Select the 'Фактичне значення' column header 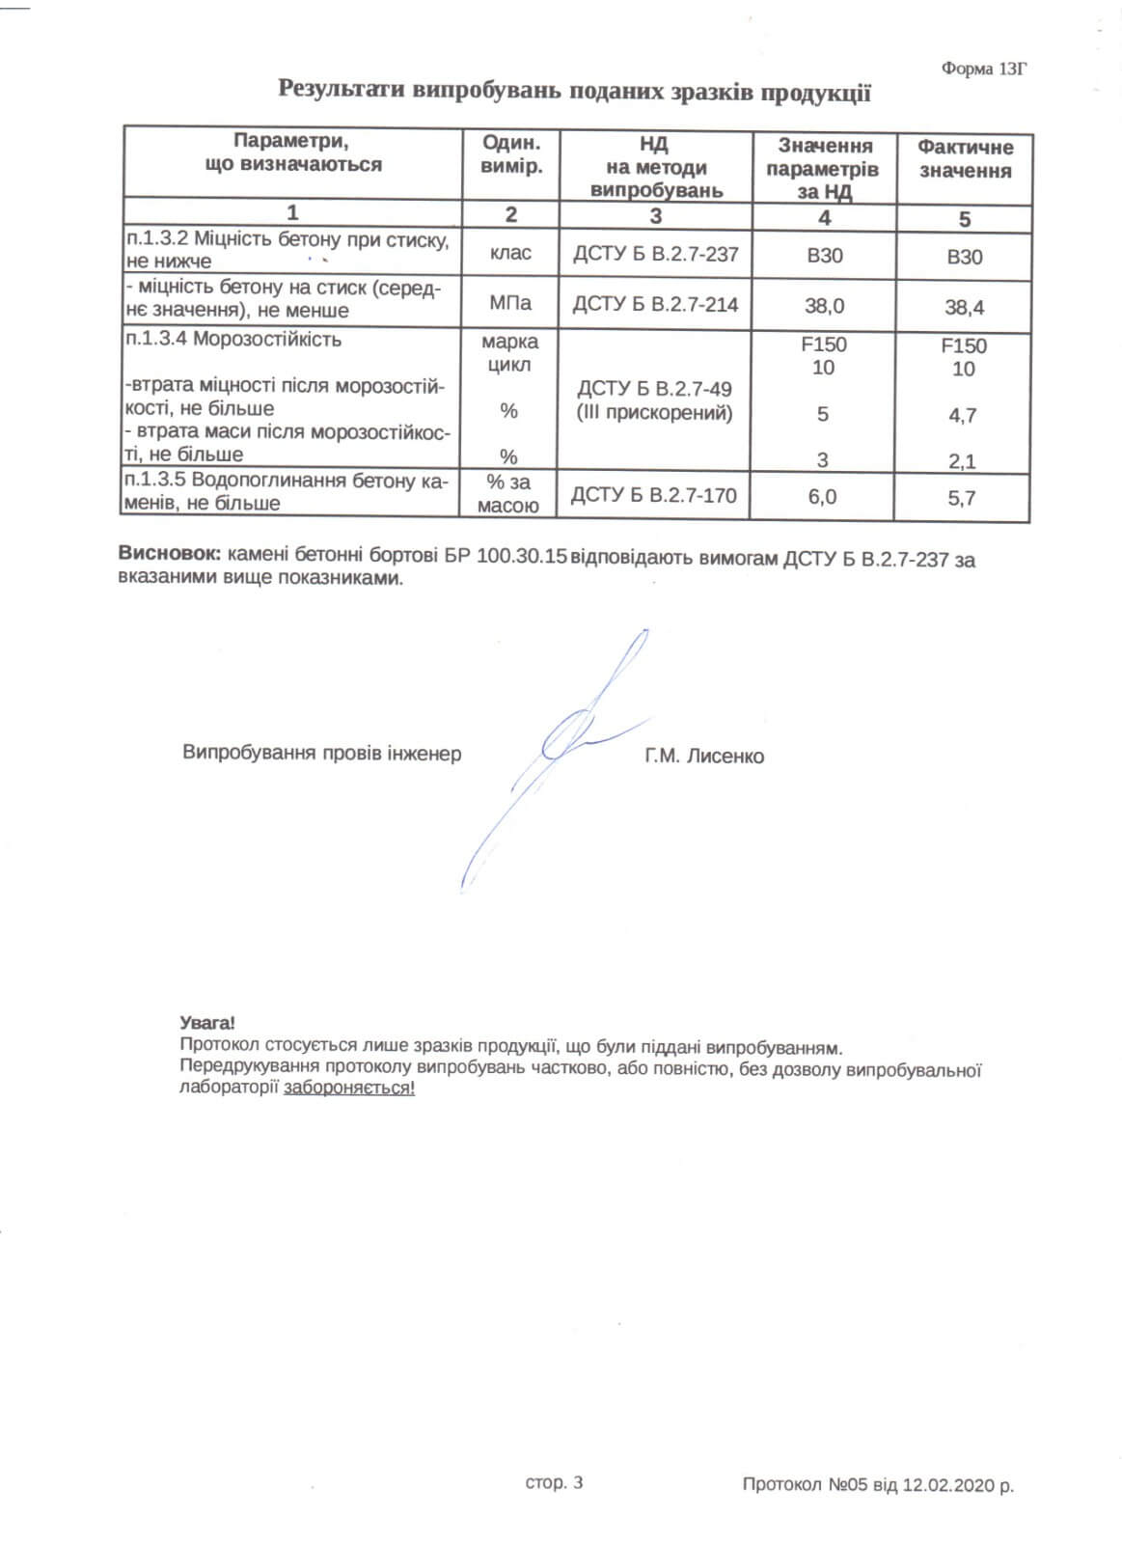[965, 159]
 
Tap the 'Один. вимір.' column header [511, 153]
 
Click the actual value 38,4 [964, 308]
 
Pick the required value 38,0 [824, 306]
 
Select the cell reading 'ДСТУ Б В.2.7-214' [655, 305]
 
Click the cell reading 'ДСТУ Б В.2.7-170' [653, 496]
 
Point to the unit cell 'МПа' [510, 304]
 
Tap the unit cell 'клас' [510, 254]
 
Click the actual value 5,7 [962, 498]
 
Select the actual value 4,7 [962, 416]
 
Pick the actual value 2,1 [962, 461]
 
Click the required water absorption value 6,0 [822, 497]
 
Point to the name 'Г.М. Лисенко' [704, 757]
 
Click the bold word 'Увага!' [206, 1023]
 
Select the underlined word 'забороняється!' [349, 1088]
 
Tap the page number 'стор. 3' [554, 1483]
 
